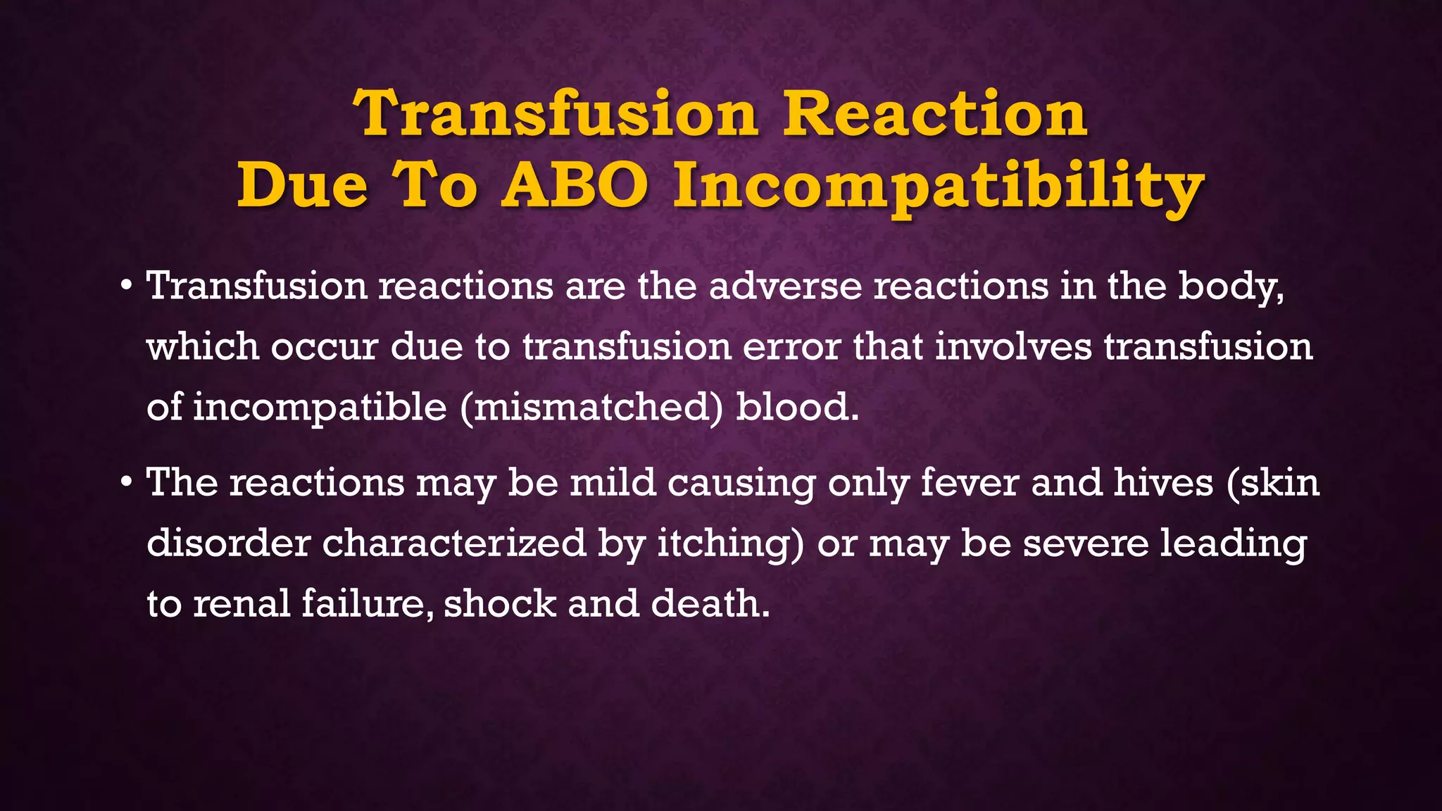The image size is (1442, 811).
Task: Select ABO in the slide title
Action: [574, 186]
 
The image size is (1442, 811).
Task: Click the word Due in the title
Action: [302, 186]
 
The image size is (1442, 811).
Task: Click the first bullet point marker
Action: [126, 286]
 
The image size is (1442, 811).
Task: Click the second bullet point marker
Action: [126, 482]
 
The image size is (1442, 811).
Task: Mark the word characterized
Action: [454, 543]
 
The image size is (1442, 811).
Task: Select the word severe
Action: [1085, 544]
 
